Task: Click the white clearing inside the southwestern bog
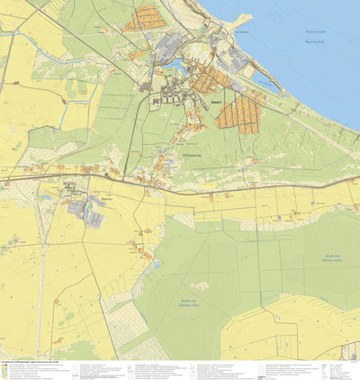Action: [x=200, y=285]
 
